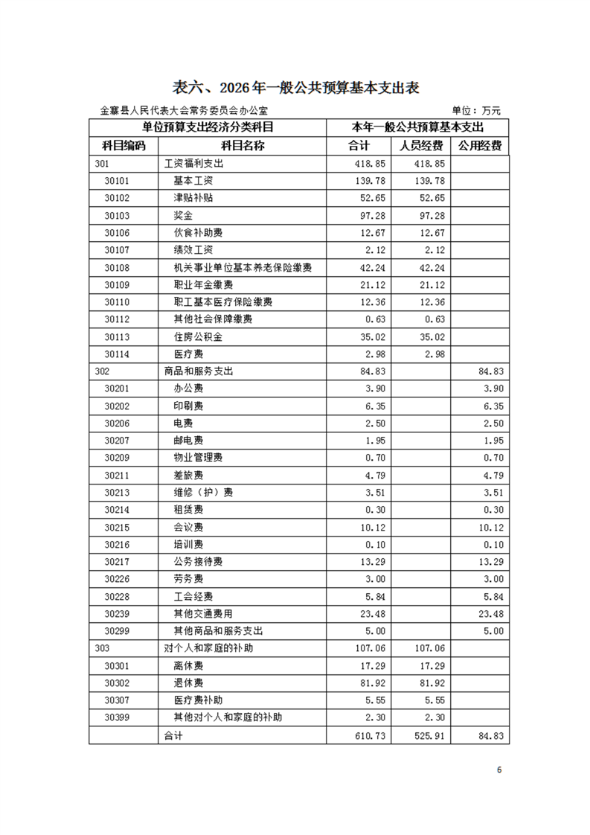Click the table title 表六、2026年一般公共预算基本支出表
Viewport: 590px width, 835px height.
coord(296,86)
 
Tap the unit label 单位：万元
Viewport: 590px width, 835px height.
coord(476,110)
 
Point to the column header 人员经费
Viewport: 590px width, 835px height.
coord(421,144)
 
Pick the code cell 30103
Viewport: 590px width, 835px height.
coord(117,215)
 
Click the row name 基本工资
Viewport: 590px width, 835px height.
coord(193,181)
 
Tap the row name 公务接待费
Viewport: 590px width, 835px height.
coord(198,560)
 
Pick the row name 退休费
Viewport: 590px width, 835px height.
coord(188,682)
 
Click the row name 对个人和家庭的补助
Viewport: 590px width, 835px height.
coord(208,647)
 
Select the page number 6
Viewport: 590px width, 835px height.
coord(499,770)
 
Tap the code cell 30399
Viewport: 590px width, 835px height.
coord(117,717)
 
